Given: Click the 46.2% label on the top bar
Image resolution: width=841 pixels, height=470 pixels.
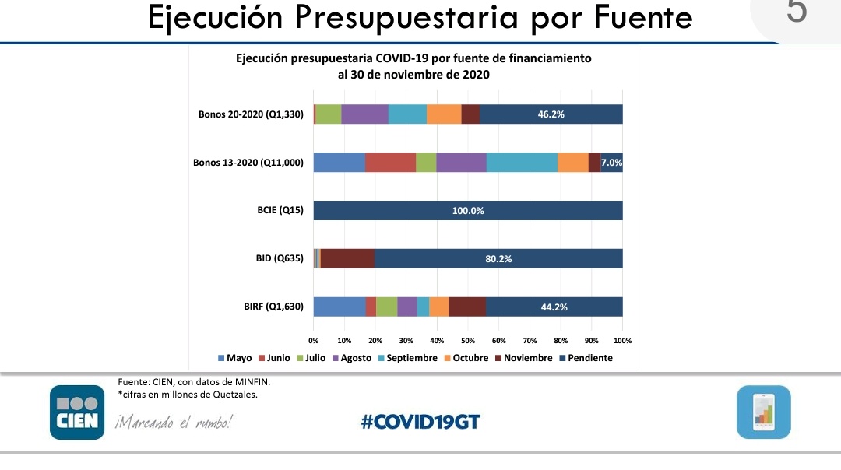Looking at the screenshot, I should [x=551, y=114].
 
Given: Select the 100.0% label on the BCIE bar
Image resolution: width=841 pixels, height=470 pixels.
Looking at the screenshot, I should [x=468, y=211].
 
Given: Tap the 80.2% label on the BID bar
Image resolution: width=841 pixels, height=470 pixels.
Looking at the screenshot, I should [x=498, y=259].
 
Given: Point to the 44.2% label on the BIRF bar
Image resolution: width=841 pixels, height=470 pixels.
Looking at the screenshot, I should [x=554, y=307].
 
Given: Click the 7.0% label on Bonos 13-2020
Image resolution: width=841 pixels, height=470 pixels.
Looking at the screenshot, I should [x=611, y=163].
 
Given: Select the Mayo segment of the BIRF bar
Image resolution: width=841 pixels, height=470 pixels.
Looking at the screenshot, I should [x=340, y=307].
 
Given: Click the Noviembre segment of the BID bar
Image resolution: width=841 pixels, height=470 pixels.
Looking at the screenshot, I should [x=347, y=259].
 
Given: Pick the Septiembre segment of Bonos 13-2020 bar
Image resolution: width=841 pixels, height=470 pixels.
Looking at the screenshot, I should [x=522, y=163].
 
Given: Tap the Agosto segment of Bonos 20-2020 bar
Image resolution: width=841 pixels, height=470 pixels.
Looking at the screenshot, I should [x=364, y=114].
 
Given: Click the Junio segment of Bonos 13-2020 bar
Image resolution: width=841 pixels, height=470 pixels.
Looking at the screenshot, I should [x=390, y=163].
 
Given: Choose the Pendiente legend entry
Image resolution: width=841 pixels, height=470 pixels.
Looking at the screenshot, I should [x=586, y=358].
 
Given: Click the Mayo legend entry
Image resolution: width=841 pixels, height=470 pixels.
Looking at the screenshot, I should [x=234, y=358].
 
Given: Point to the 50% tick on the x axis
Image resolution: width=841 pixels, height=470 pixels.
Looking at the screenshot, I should [x=468, y=341].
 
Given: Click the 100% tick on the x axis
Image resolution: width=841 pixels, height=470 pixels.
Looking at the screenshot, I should [x=622, y=341].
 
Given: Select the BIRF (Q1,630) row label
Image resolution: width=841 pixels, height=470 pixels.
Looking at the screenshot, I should [x=273, y=307].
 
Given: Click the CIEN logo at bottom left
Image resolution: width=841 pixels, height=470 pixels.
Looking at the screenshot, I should [x=77, y=412].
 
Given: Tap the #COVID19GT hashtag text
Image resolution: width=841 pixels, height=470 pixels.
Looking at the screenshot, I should [x=420, y=422].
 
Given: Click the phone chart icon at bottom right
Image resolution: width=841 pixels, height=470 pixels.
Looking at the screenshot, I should [x=763, y=412].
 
